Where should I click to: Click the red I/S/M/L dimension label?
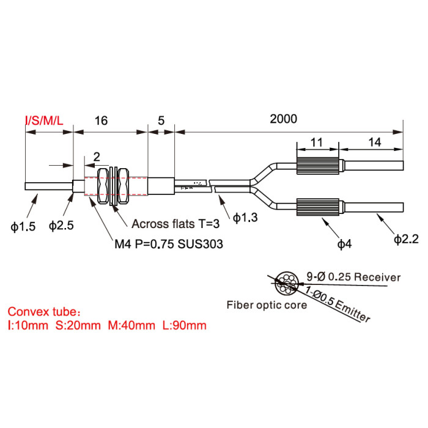coord(44,120)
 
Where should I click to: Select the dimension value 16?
coord(101,120)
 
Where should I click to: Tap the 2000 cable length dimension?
coord(283,119)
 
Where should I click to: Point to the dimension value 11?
coord(317,142)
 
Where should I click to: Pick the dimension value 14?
coord(374,142)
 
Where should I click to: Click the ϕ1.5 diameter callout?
coord(23,227)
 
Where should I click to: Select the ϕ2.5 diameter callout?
coord(61,226)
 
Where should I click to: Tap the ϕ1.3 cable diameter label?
coord(245,218)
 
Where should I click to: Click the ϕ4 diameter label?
coord(344,244)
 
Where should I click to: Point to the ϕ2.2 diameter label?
coord(406,239)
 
